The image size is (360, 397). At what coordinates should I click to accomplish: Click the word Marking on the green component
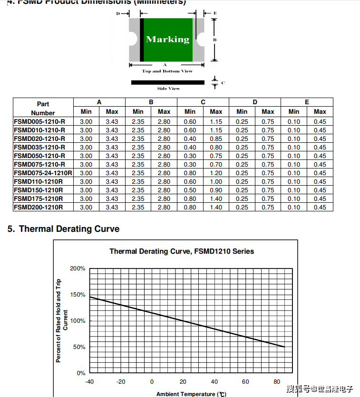(x=167, y=40)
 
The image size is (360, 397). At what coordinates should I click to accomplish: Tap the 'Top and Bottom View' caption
(x=167, y=71)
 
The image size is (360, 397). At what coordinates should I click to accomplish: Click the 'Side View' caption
(x=168, y=89)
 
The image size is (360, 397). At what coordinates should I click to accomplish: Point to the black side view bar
(x=167, y=82)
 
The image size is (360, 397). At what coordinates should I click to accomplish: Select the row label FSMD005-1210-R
(x=39, y=121)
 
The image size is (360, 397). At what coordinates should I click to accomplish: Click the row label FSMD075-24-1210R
(x=43, y=173)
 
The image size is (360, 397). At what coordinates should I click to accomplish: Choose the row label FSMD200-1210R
(x=38, y=207)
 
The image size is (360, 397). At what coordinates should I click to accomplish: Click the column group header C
(x=203, y=102)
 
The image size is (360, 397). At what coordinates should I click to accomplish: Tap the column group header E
(x=307, y=102)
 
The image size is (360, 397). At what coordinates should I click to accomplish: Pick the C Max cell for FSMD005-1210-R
(x=216, y=121)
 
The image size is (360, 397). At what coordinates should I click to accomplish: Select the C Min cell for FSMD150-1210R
(x=190, y=190)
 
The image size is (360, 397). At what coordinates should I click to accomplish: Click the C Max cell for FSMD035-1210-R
(x=216, y=147)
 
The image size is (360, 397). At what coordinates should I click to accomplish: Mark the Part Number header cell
(x=43, y=108)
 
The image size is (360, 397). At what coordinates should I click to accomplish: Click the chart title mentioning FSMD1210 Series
(x=182, y=251)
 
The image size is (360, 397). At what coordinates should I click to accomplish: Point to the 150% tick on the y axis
(x=78, y=295)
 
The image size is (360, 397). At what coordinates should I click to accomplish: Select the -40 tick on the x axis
(x=89, y=382)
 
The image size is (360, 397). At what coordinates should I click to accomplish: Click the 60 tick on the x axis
(x=245, y=382)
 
